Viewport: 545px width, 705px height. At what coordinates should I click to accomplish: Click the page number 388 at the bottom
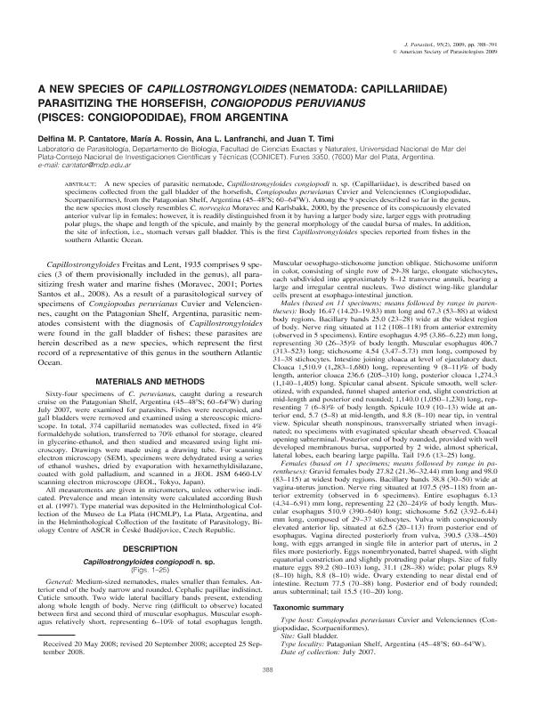pyautogui.click(x=272, y=669)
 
